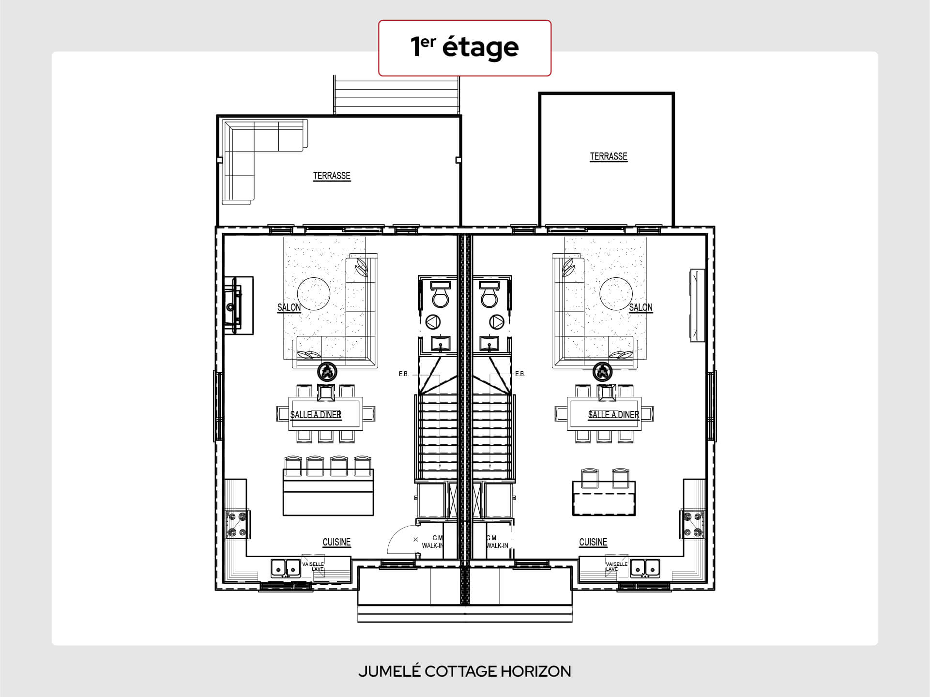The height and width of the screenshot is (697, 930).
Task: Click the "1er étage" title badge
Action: click(465, 48)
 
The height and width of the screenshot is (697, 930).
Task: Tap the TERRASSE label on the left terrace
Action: click(332, 176)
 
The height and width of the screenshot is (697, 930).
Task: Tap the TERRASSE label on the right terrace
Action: click(609, 156)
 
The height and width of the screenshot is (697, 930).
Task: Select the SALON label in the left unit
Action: click(289, 307)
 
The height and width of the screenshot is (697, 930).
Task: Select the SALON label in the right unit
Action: click(640, 307)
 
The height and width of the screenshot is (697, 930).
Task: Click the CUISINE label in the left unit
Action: click(336, 542)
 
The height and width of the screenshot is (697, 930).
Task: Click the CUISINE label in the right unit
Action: click(593, 542)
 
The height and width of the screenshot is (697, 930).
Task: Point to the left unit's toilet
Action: click(441, 294)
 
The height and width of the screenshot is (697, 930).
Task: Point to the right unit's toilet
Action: click(489, 294)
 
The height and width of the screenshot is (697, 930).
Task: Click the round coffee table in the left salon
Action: click(314, 294)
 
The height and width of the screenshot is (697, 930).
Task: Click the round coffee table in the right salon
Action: click(616, 294)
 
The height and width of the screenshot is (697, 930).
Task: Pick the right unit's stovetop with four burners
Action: click(692, 525)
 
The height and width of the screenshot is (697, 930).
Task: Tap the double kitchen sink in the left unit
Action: click(286, 568)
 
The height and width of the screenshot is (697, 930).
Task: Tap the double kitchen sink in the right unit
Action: click(645, 568)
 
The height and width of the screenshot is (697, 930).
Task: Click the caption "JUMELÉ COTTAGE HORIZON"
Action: click(465, 671)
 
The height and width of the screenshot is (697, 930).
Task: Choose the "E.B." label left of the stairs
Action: click(404, 374)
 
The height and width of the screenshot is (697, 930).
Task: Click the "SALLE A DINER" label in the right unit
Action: click(614, 415)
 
